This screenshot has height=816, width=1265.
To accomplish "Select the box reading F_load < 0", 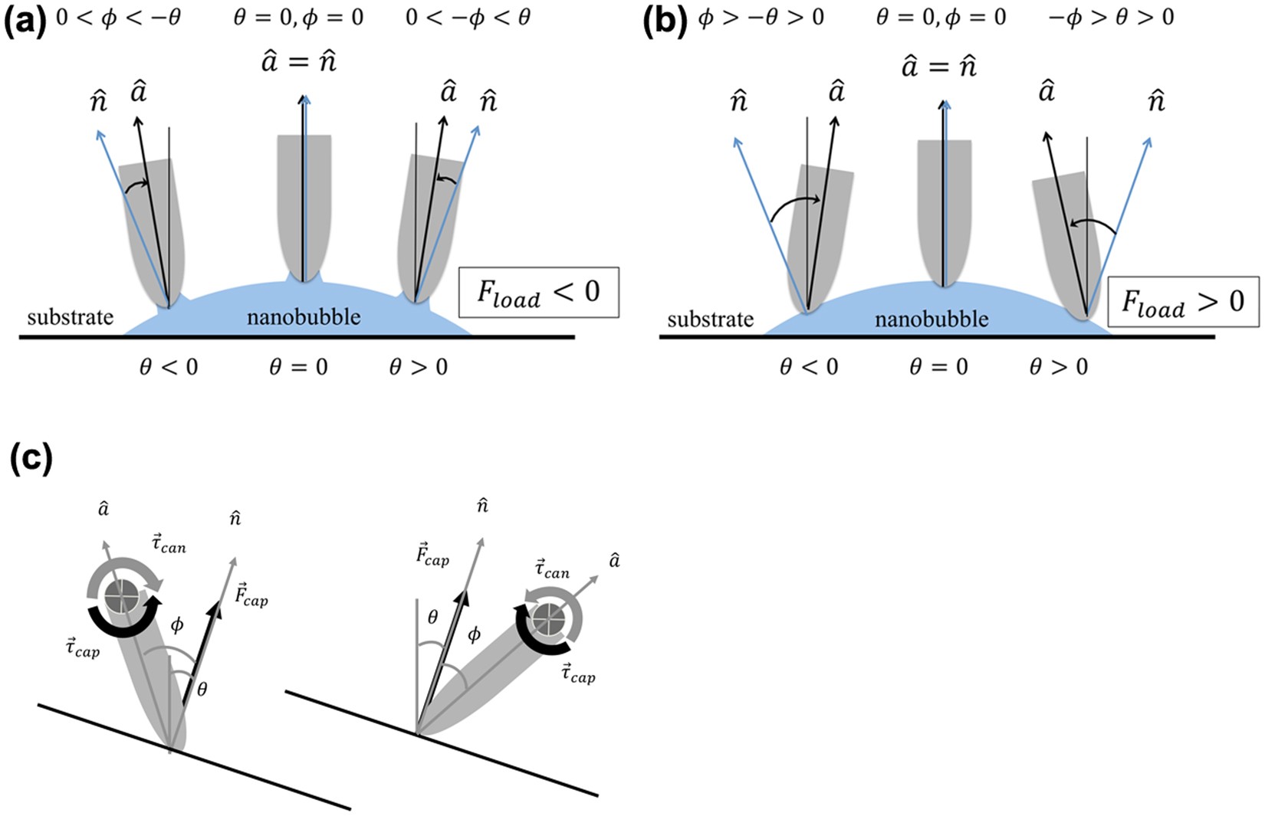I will point(538,293).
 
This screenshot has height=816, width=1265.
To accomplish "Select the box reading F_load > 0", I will point(1183,302).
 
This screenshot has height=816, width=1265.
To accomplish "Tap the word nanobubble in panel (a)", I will point(304,316).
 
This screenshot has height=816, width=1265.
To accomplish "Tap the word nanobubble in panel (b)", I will point(932,319).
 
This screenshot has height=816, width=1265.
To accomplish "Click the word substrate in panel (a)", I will point(70,316).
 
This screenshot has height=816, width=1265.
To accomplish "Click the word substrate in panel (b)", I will point(710,319).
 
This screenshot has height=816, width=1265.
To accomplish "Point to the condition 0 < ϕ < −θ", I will point(119,17).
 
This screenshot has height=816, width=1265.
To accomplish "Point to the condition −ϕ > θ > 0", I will point(1111,17).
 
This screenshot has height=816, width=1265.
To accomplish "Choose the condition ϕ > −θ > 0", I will point(761,17).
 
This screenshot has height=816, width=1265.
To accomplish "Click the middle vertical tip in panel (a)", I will point(304,207).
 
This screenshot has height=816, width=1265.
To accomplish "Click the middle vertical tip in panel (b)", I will point(944,211).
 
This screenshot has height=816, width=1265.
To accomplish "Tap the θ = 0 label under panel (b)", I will point(938,368).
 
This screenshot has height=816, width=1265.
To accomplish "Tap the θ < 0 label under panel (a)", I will point(168,368).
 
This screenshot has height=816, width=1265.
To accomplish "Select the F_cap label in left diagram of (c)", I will point(251,595).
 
